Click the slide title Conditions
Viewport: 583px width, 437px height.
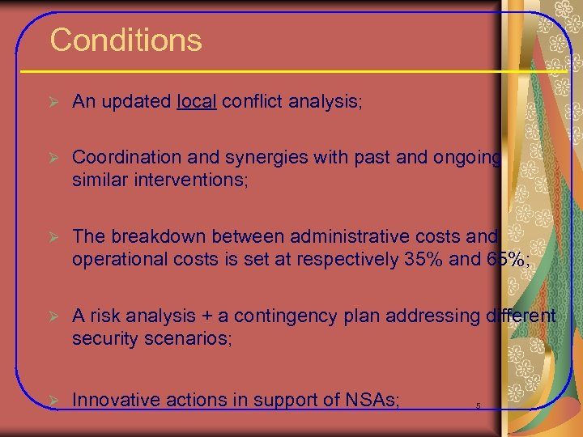pyautogui.click(x=126, y=40)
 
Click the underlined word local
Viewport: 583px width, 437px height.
pyautogui.click(x=196, y=102)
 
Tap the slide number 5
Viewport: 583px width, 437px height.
pyautogui.click(x=479, y=405)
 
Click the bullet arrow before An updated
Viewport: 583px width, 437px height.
pyautogui.click(x=53, y=103)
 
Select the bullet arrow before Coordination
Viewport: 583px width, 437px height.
pyautogui.click(x=53, y=158)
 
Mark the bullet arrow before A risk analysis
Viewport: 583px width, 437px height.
pyautogui.click(x=53, y=316)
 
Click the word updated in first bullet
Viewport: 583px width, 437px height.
pyautogui.click(x=134, y=102)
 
